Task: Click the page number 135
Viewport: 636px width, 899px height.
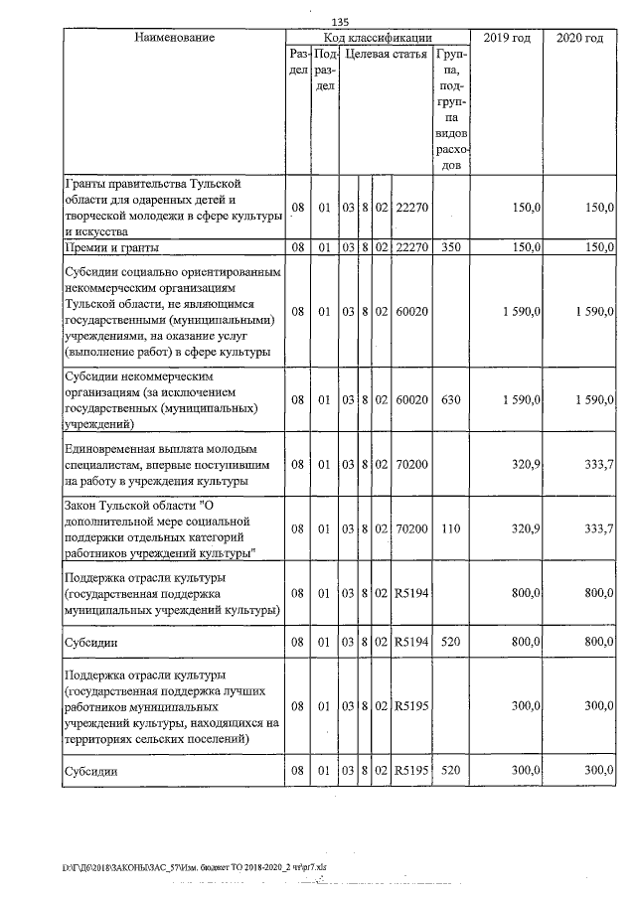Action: tap(340, 22)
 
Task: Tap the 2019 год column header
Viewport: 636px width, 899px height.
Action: tap(507, 38)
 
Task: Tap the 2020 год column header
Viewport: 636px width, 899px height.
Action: tap(580, 38)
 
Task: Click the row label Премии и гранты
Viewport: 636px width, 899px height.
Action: tap(108, 246)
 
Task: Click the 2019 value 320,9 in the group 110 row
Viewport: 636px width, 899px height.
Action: tap(524, 529)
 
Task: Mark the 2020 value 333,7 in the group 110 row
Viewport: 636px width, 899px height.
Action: tap(596, 529)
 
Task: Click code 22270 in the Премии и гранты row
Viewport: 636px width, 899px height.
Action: tap(410, 246)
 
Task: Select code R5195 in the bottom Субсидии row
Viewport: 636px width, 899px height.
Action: tap(410, 770)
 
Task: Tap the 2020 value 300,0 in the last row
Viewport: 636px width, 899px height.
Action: tap(596, 770)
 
